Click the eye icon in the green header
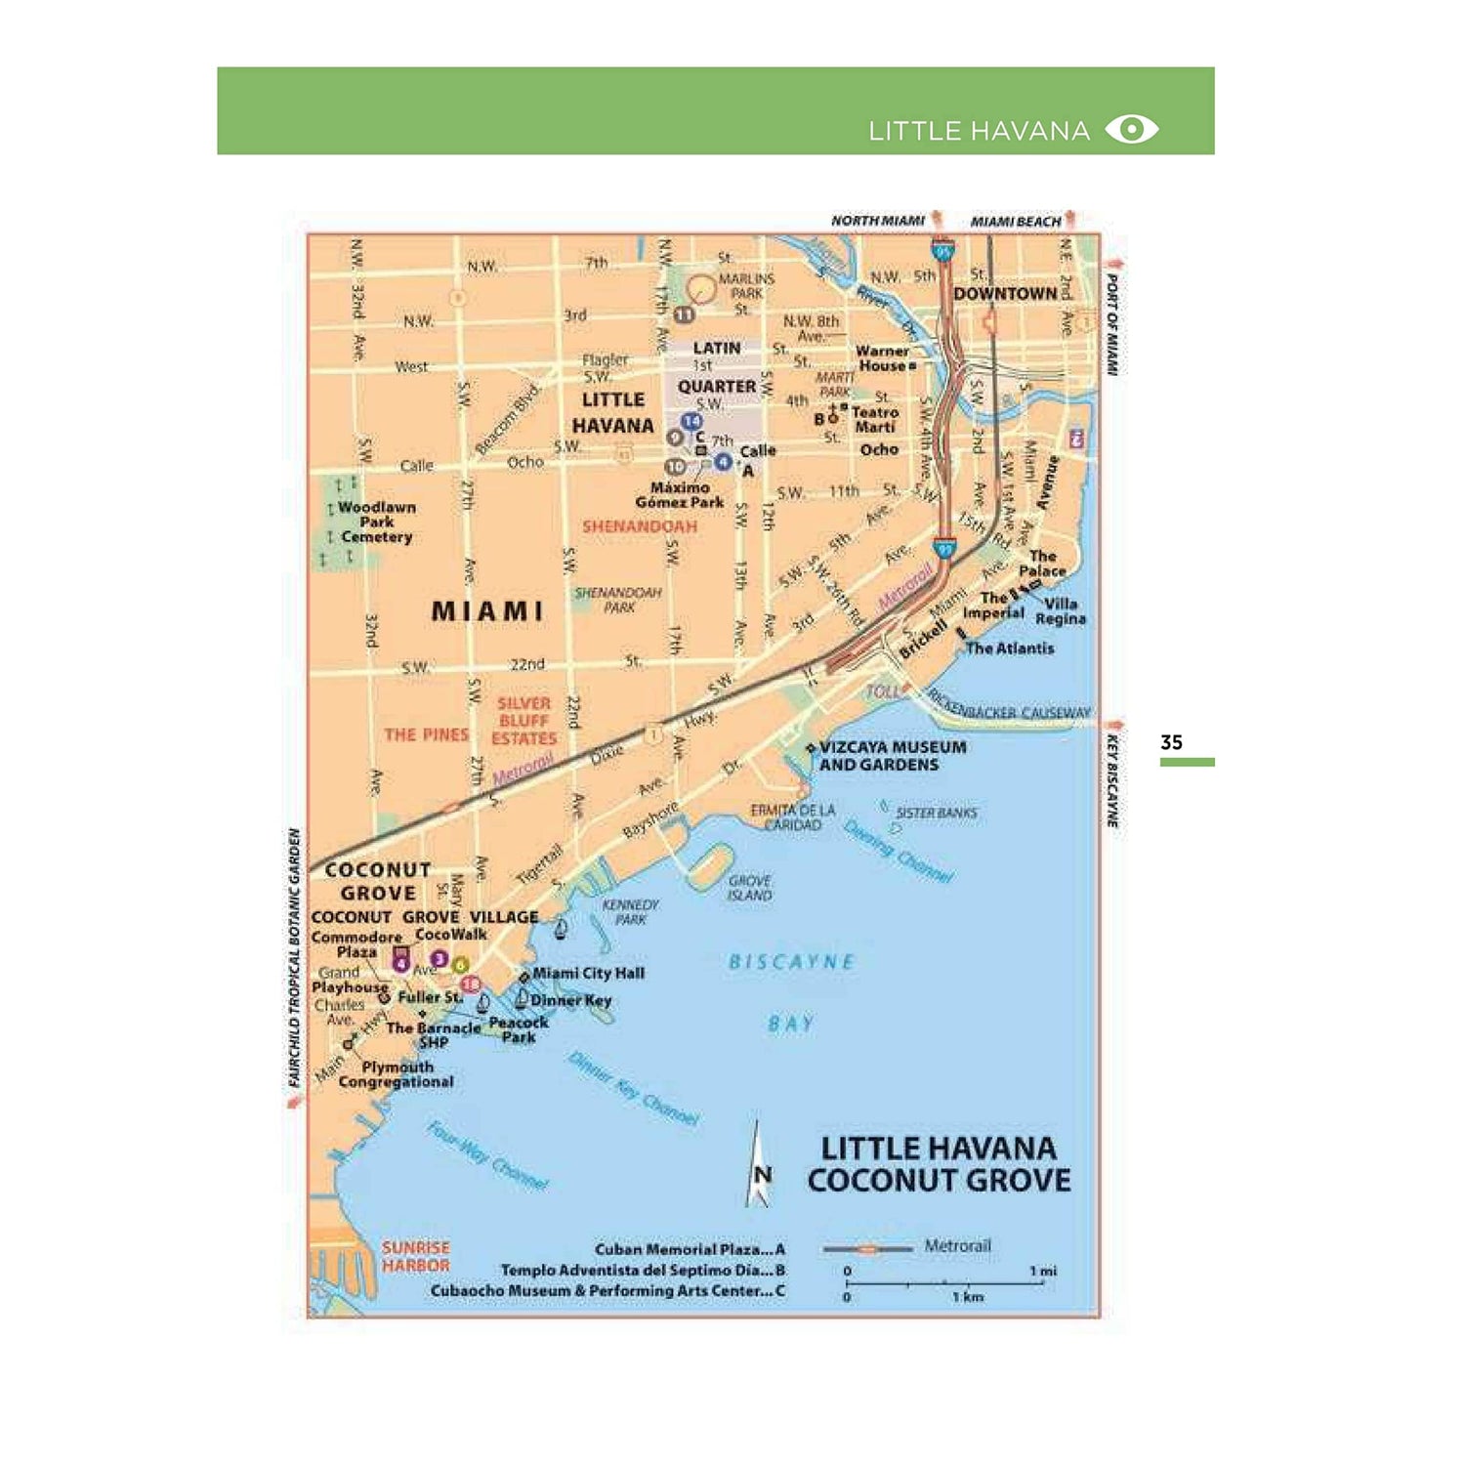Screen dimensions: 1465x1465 [x=1131, y=130]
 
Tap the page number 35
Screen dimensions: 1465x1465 [x=1171, y=742]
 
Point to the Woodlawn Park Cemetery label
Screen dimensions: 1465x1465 [x=376, y=523]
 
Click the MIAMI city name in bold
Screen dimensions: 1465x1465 [x=486, y=611]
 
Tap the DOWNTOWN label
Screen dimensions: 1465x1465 [x=1005, y=293]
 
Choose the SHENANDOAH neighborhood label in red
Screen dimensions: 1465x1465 [x=640, y=526]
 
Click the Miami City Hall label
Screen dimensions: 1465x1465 [x=588, y=974]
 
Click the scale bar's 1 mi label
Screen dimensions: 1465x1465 [x=1042, y=1271]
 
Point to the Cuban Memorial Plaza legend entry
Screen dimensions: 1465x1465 [x=689, y=1249]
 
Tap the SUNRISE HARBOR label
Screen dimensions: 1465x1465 [x=415, y=1257]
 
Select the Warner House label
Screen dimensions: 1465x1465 [x=882, y=358]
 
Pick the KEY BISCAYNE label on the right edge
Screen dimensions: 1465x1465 [x=1112, y=781]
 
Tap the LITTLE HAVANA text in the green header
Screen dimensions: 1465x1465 [x=979, y=131]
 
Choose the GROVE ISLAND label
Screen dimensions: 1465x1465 [x=749, y=888]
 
